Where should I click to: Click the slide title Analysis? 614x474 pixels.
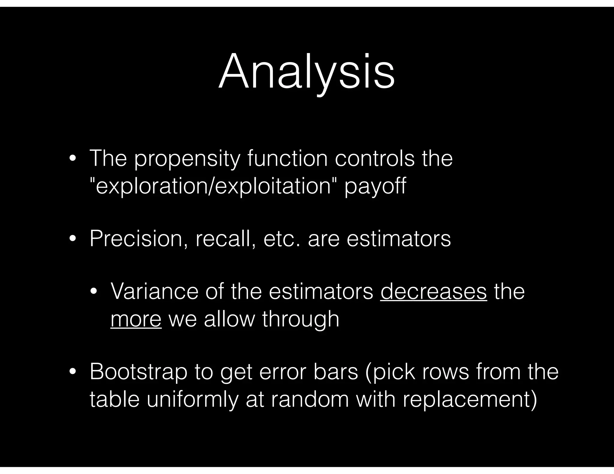coord(306,72)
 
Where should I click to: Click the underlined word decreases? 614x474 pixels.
coord(434,292)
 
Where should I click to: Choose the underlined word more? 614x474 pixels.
coord(136,319)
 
